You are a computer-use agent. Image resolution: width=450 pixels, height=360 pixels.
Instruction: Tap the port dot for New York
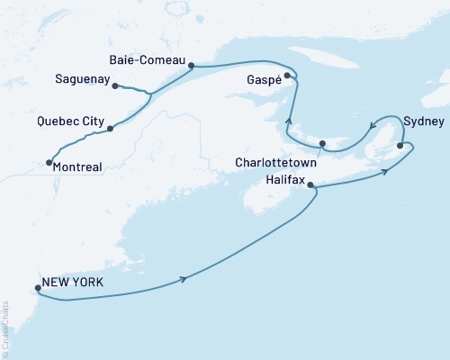(37, 289)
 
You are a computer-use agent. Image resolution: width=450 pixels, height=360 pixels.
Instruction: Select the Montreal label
(77, 166)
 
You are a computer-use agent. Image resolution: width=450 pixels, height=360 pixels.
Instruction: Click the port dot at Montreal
(47, 163)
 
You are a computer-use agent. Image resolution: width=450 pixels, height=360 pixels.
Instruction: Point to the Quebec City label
(71, 121)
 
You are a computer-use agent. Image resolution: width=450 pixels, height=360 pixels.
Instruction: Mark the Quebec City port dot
(110, 129)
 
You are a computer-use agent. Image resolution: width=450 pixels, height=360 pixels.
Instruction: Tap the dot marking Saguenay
(115, 86)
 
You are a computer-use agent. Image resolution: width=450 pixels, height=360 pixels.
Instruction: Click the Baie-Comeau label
(147, 60)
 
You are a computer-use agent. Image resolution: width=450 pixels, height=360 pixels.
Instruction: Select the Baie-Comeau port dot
(191, 65)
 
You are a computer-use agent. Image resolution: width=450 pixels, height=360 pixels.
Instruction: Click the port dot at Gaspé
(287, 76)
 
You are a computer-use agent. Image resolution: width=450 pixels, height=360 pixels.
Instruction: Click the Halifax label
(287, 180)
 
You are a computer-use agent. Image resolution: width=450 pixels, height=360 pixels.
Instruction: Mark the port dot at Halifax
(310, 185)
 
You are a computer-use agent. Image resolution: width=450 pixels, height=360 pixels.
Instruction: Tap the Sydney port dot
(400, 144)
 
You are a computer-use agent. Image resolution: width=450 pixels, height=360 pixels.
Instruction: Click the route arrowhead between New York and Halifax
(184, 279)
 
